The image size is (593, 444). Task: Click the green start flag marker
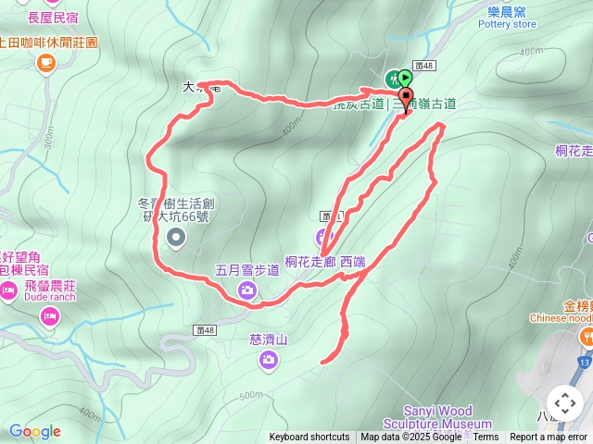tap(405, 78)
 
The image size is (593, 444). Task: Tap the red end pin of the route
tap(405, 97)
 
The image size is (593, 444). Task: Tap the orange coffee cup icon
tap(44, 63)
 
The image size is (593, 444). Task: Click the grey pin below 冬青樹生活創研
tap(176, 240)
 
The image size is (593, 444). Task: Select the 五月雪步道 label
tap(246, 270)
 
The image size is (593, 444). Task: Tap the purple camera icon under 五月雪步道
tap(246, 290)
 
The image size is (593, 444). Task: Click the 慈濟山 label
tap(269, 339)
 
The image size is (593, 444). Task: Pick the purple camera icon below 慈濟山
tap(269, 360)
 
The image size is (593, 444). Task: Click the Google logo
tap(34, 431)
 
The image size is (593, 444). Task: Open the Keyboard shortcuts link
tap(309, 438)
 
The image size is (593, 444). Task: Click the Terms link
tap(486, 438)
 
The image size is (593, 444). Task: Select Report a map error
tap(549, 438)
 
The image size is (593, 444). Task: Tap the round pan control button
tap(564, 403)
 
